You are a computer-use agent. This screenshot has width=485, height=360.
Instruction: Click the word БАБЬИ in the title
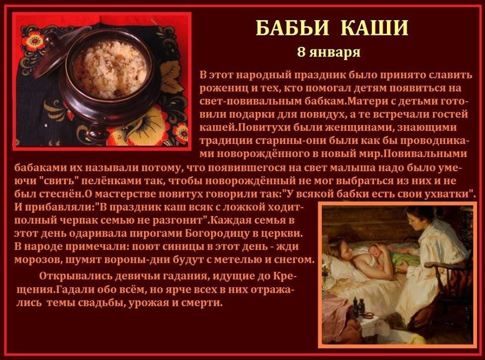tap(292, 28)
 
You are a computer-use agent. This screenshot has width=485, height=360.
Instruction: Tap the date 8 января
tap(328, 52)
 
